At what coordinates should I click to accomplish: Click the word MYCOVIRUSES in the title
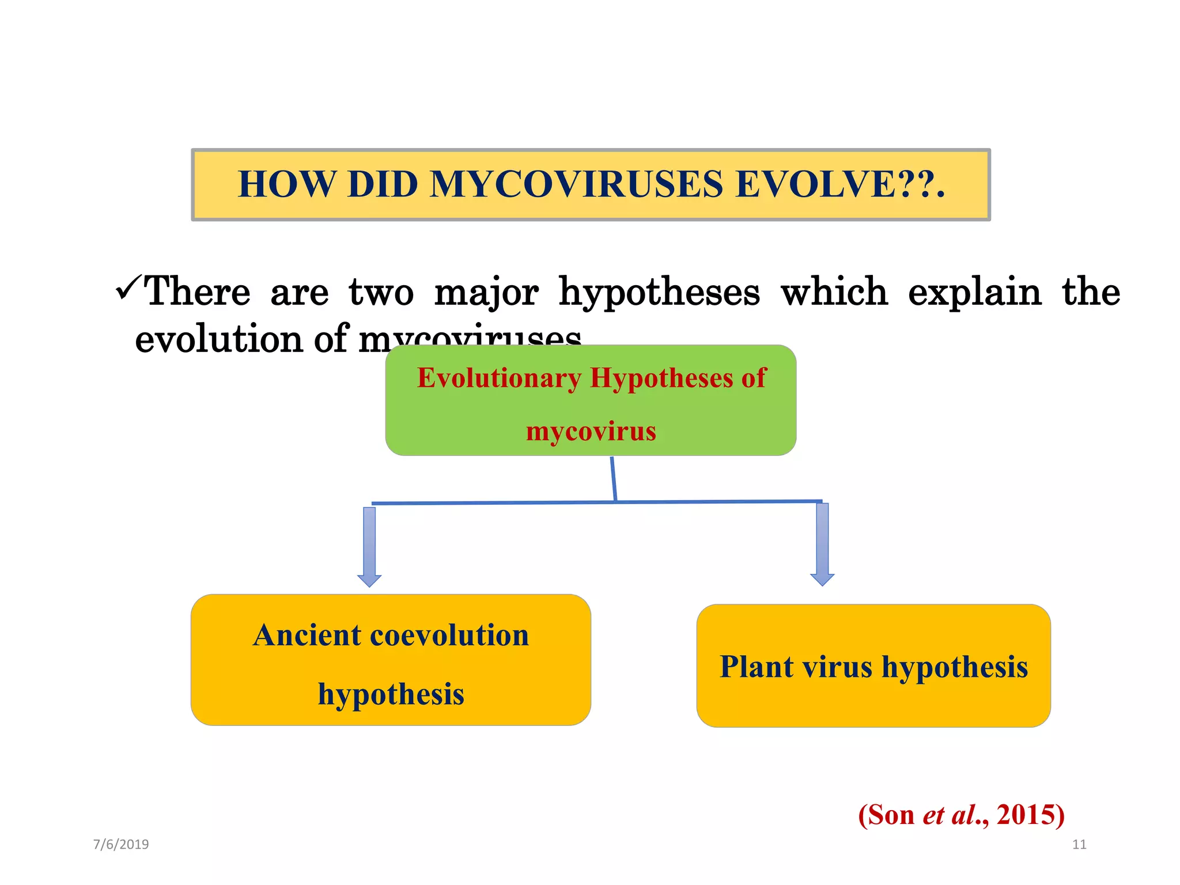pyautogui.click(x=576, y=184)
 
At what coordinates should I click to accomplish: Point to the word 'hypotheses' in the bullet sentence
pyautogui.click(x=659, y=293)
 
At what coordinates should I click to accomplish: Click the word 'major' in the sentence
pyautogui.click(x=486, y=293)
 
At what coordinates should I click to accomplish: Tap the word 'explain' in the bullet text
pyautogui.click(x=975, y=292)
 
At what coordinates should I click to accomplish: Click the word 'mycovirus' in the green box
pyautogui.click(x=591, y=431)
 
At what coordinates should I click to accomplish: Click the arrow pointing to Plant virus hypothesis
pyautogui.click(x=822, y=544)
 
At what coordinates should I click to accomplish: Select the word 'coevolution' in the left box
pyautogui.click(x=449, y=636)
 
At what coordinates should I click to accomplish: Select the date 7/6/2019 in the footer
pyautogui.click(x=121, y=845)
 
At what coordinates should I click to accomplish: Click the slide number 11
pyautogui.click(x=1079, y=845)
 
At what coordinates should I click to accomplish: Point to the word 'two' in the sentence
pyautogui.click(x=381, y=292)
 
